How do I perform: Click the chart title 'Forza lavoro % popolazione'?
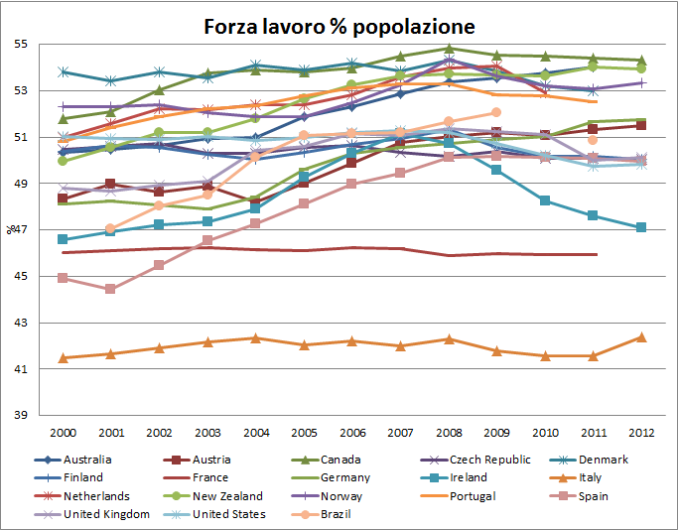339,27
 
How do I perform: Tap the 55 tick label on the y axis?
20,44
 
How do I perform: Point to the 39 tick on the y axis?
20,415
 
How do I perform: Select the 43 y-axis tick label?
20,323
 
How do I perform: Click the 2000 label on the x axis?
64,433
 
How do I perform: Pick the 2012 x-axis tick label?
641,433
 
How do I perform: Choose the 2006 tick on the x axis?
352,433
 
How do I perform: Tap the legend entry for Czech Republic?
475,460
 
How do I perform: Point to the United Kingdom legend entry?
92,514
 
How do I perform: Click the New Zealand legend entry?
213,496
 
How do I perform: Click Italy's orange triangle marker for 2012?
641,337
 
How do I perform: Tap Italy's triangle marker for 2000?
64,358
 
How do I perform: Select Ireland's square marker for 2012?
641,227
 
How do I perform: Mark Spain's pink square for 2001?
110,289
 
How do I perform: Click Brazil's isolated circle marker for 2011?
593,140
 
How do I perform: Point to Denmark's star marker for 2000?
64,71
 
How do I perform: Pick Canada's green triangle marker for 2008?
449,48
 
